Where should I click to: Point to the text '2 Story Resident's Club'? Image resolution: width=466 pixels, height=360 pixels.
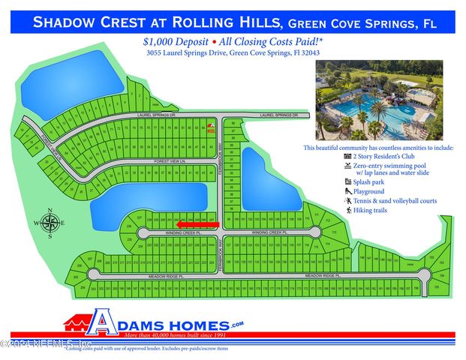pos(385,157)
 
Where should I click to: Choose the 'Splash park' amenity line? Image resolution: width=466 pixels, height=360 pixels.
pos(371,181)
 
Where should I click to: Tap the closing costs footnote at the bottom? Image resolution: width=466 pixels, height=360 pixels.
pos(146,349)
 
